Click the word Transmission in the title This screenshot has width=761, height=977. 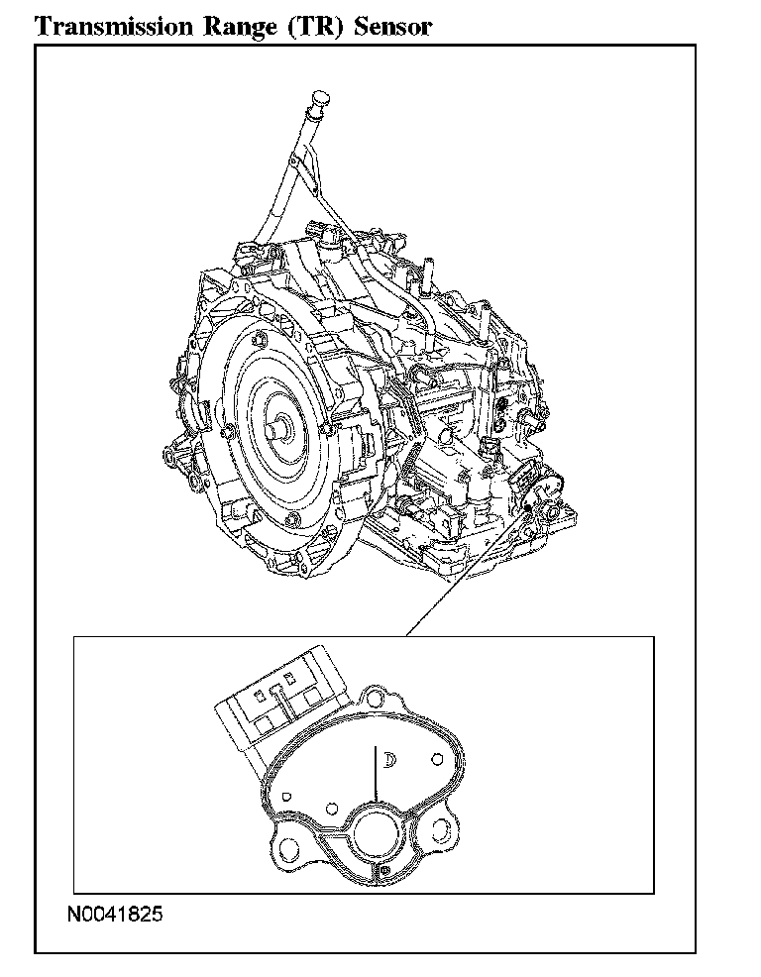coord(114,27)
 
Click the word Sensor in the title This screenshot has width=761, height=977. coord(392,28)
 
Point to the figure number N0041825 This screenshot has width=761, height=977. coord(115,914)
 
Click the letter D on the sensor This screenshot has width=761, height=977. coord(390,760)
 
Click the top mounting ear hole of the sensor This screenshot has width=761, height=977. coord(376,696)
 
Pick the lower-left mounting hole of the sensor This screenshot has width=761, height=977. coord(289,848)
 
